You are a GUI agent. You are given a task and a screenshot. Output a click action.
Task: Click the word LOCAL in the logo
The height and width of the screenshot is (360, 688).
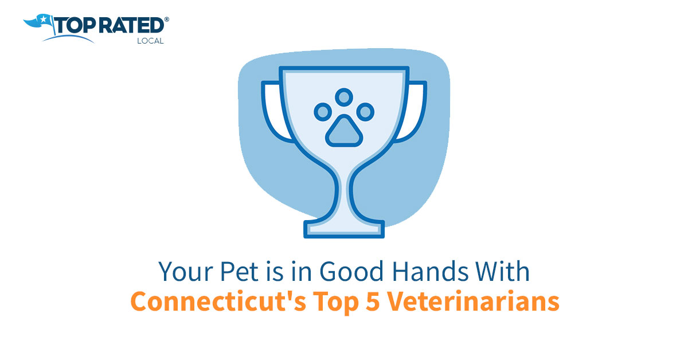click(150, 41)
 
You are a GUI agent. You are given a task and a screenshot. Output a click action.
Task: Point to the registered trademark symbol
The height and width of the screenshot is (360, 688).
click(167, 19)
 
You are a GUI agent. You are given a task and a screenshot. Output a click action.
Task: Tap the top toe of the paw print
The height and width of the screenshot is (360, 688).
click(344, 96)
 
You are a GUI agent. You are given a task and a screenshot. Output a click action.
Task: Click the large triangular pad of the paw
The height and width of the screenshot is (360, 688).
click(343, 131)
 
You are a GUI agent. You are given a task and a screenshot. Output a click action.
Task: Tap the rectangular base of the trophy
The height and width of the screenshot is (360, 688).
click(344, 229)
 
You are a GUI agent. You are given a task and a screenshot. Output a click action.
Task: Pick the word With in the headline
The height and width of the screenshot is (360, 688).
click(504, 271)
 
